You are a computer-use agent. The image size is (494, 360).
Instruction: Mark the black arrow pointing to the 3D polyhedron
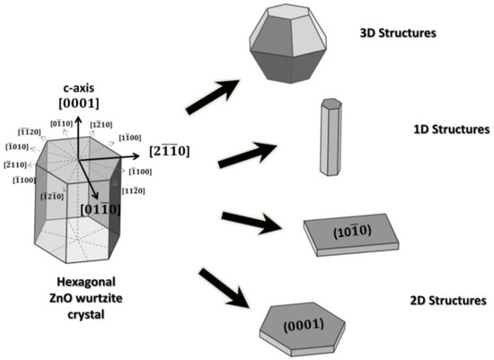click(x=213, y=97)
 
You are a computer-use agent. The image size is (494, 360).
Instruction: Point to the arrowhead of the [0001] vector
click(x=76, y=119)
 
